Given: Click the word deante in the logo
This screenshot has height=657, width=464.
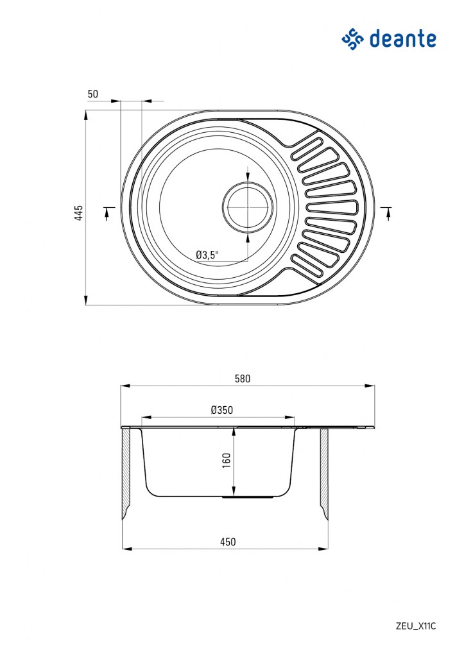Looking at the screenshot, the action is point(402,39).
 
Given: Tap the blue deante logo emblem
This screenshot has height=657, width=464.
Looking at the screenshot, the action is point(352,39).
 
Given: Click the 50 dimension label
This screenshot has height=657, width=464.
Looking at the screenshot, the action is point(92,94).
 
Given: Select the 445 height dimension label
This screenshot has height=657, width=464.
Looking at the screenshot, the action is point(79,212).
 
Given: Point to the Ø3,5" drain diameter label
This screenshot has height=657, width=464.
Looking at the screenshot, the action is point(207,254).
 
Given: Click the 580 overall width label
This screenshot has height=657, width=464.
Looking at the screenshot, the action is point(243,379).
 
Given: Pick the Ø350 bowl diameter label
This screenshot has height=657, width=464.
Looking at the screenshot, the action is point(222,410).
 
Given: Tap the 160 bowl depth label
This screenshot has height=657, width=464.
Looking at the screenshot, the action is point(227,460).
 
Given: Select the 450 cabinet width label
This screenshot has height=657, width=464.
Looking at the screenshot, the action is point(228,542).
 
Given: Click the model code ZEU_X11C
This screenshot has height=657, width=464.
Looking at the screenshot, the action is point(416,626).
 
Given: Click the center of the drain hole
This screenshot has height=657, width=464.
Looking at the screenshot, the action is point(248,207).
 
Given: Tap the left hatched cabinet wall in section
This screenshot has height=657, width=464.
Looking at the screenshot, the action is point(126,474).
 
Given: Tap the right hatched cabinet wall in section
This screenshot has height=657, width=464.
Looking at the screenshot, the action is point(325,474).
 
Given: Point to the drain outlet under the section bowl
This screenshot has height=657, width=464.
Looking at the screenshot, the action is point(248,497).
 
